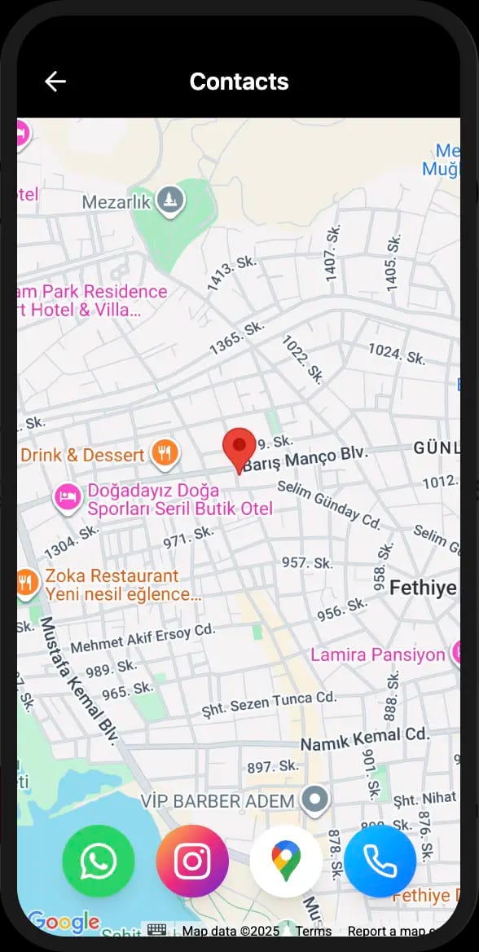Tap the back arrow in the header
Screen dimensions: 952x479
pyautogui.click(x=55, y=82)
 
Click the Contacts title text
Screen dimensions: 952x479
pyautogui.click(x=239, y=82)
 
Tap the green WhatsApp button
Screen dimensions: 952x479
pyautogui.click(x=99, y=861)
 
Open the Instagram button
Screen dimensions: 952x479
pyautogui.click(x=192, y=861)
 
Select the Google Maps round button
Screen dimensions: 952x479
pyautogui.click(x=286, y=861)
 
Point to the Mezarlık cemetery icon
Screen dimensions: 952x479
pyautogui.click(x=170, y=200)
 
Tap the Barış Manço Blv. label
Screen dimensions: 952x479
pyautogui.click(x=306, y=460)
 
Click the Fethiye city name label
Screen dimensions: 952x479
pyautogui.click(x=422, y=588)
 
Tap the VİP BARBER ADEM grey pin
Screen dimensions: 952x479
pyautogui.click(x=314, y=801)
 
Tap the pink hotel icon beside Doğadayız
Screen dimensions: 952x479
pyautogui.click(x=68, y=496)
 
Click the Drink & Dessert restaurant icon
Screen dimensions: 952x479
pyautogui.click(x=165, y=452)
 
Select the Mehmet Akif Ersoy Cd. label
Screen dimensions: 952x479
pyautogui.click(x=143, y=638)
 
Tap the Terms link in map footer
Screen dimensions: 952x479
pyautogui.click(x=313, y=931)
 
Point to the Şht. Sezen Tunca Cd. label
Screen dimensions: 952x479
pyautogui.click(x=269, y=703)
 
